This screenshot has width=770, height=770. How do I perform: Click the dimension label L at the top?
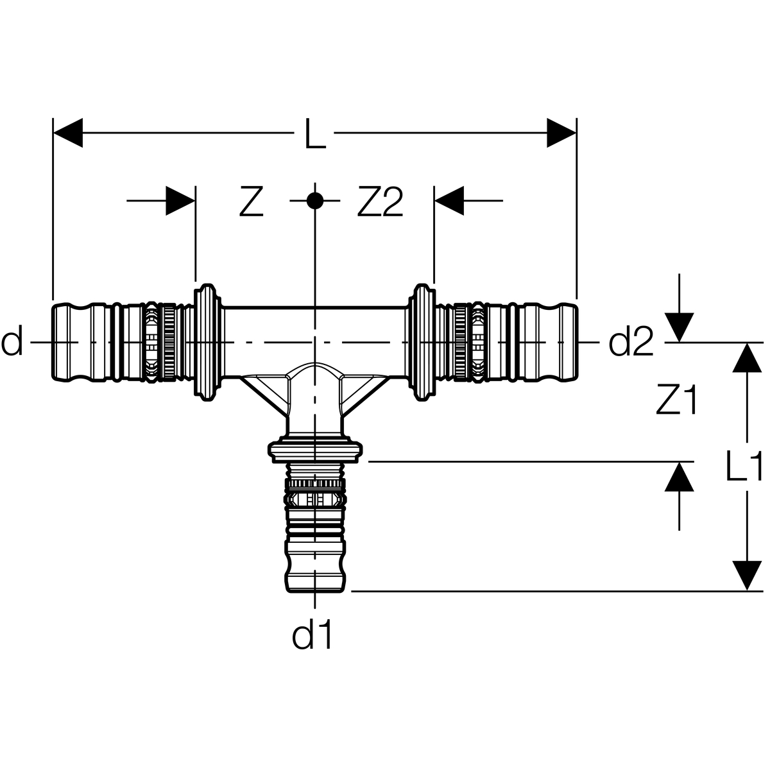tap(315, 134)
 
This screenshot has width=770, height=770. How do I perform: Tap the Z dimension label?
tap(252, 201)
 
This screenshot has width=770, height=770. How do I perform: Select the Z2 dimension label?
tap(380, 201)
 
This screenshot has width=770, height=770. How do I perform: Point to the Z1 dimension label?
tap(677, 400)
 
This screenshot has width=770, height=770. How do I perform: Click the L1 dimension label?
tap(744, 466)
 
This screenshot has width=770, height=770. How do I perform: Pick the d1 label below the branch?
tap(312, 635)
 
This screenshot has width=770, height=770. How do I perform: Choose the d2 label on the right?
tap(631, 341)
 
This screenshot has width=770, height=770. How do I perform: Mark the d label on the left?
tap(12, 341)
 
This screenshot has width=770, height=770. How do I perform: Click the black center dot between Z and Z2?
tap(315, 201)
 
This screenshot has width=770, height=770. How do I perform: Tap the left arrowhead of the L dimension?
tap(67, 133)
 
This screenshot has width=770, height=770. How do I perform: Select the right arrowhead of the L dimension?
tap(561, 133)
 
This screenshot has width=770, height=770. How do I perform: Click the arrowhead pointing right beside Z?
tap(180, 201)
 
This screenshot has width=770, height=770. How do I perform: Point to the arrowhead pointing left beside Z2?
tap(449, 201)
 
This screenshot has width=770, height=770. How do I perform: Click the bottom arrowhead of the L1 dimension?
tap(747, 576)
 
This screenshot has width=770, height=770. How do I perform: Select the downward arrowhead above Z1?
tap(680, 328)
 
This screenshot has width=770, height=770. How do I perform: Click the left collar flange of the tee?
tap(207, 342)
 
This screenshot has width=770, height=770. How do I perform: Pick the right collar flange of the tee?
tap(421, 342)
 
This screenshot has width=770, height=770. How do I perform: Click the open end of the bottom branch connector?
tap(315, 590)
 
